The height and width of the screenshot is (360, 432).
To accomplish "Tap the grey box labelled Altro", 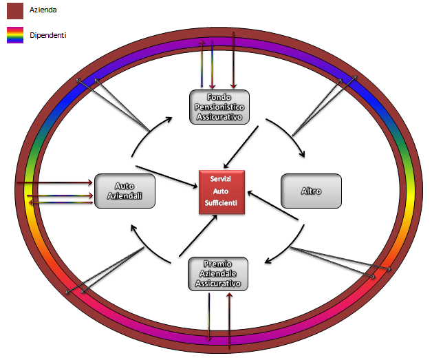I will point(311,191).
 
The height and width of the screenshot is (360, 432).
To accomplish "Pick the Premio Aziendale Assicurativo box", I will point(218,273).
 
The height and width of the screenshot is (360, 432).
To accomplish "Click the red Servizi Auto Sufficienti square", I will point(222,191).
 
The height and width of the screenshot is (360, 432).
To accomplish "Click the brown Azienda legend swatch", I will point(15,10).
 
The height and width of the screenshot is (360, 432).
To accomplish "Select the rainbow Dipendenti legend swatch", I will point(15,34).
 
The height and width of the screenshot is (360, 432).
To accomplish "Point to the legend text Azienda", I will point(43,10).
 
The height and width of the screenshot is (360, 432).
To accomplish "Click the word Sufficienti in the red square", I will point(222,202).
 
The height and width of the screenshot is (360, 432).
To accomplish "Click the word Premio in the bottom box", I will point(218,264).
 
